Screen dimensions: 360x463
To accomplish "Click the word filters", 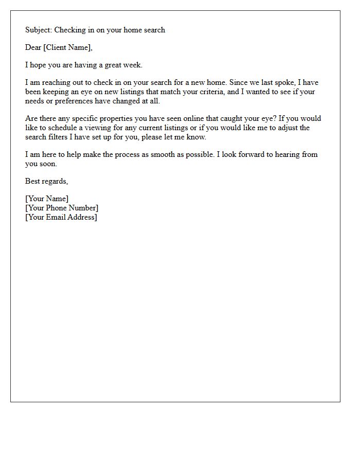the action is (61, 137).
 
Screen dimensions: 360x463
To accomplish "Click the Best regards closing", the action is (46, 181).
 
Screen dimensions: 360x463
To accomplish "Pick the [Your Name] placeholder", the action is (47, 199).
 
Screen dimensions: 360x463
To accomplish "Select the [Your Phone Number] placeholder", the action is (62, 208).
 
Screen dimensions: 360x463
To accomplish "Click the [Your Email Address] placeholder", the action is (61, 217).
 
